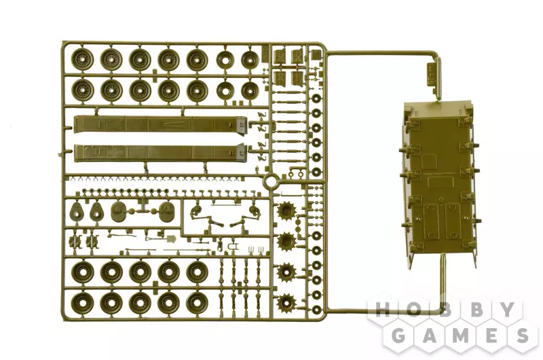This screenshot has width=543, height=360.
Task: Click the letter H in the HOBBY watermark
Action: click(382, 310)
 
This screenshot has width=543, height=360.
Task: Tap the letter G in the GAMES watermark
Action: click(398, 335)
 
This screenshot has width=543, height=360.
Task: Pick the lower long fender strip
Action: click(160, 153)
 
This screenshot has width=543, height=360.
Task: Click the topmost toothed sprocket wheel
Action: click(286, 211)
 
